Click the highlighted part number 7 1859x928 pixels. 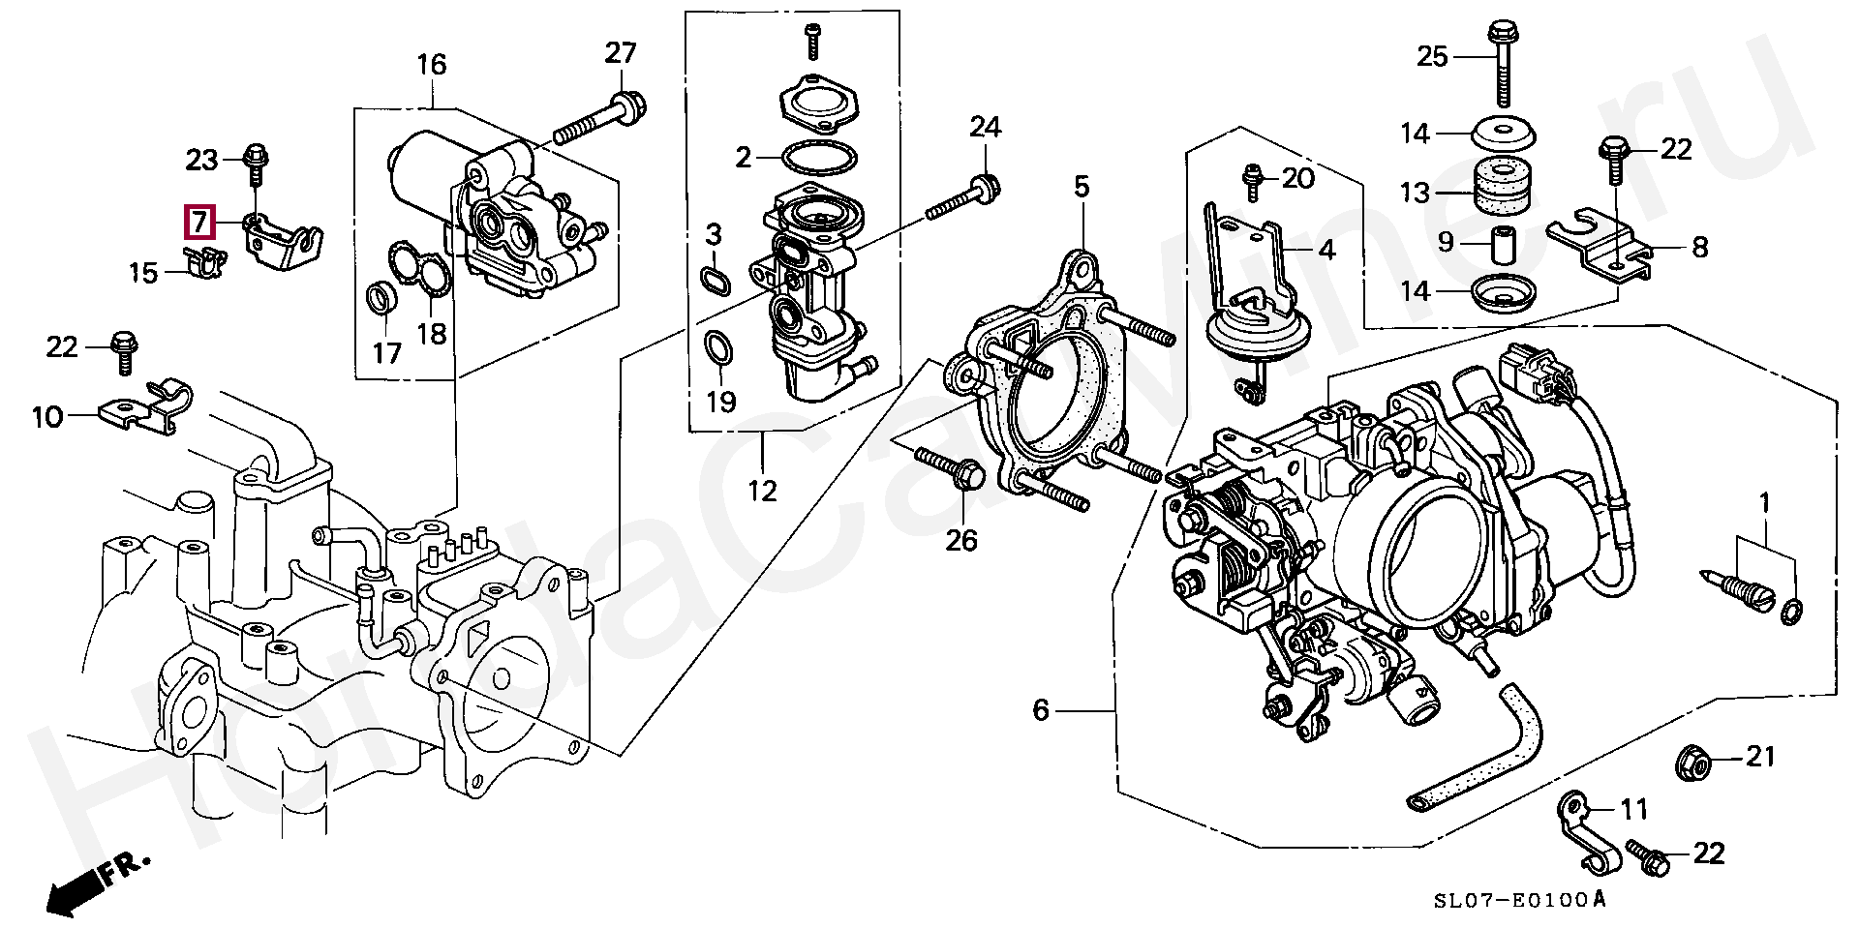[x=199, y=223]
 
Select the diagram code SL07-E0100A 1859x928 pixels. [x=1520, y=900]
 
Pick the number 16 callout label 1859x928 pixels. [x=432, y=66]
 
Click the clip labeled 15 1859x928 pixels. [x=204, y=260]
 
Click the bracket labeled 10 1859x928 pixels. [x=145, y=404]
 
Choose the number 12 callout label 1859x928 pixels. [x=762, y=491]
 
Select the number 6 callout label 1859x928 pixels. [x=1041, y=710]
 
